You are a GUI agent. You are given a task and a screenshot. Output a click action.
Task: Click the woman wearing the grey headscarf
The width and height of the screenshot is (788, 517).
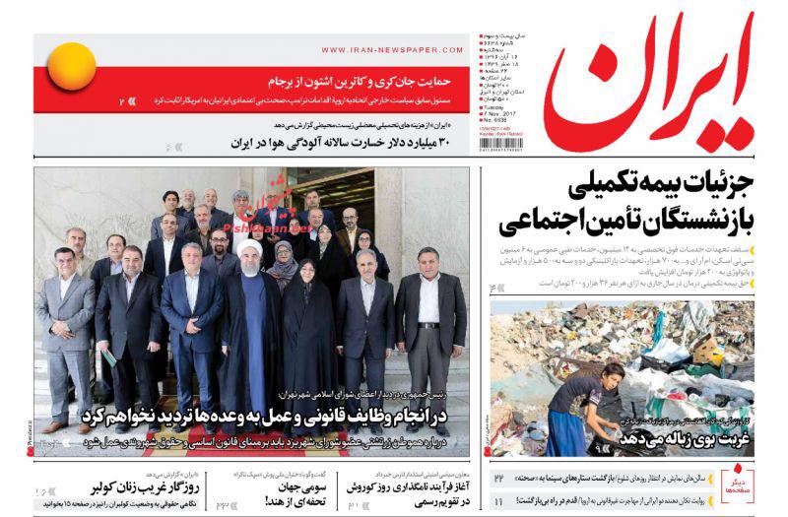286,261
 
